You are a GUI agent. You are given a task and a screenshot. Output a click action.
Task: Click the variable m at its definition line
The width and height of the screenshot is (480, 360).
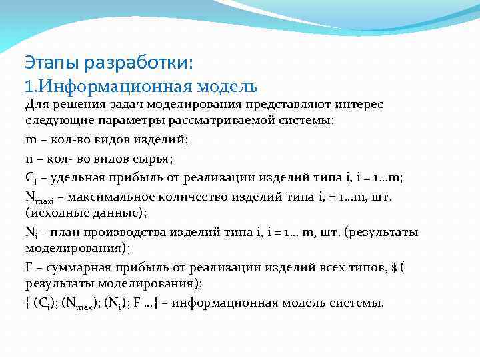(x=31, y=141)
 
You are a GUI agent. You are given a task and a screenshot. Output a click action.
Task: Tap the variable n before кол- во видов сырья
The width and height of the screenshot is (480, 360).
(x=29, y=159)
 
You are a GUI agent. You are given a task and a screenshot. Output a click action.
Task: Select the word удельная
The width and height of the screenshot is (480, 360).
(x=78, y=177)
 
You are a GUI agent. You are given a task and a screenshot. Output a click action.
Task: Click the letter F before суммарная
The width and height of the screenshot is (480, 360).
(x=29, y=269)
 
